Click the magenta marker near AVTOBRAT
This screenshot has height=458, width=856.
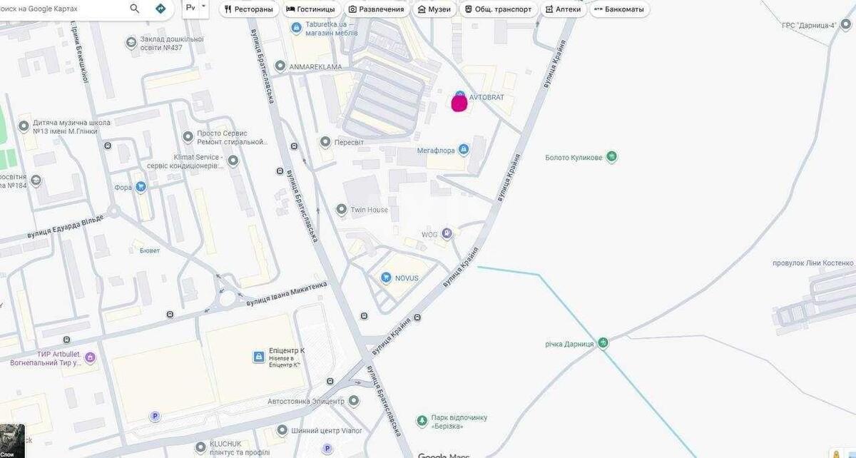tap(459, 103)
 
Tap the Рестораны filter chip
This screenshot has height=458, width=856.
tap(248, 9)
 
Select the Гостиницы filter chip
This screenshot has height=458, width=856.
tap(310, 9)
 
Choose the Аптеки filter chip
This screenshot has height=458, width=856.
tap(562, 9)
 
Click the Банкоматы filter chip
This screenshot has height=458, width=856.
tap(618, 9)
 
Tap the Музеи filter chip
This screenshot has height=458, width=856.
tap(434, 9)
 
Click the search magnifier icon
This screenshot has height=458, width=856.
tap(135, 9)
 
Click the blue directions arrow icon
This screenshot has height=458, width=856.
tap(160, 9)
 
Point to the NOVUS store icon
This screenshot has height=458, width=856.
tap(386, 278)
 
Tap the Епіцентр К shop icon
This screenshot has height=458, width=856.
tap(259, 356)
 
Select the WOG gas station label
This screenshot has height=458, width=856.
tap(429, 234)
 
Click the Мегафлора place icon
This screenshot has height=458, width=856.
tap(464, 149)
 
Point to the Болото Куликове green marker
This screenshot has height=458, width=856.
tap(611, 157)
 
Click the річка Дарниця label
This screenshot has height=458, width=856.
tap(569, 344)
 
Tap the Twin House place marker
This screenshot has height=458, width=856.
tap(341, 210)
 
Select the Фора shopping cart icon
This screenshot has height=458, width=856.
tap(141, 187)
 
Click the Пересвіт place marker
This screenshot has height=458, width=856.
tap(325, 142)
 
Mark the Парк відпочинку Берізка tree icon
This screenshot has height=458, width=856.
tap(422, 419)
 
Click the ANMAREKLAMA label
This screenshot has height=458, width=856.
tap(315, 67)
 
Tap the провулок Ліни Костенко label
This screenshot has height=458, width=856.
tap(812, 263)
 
